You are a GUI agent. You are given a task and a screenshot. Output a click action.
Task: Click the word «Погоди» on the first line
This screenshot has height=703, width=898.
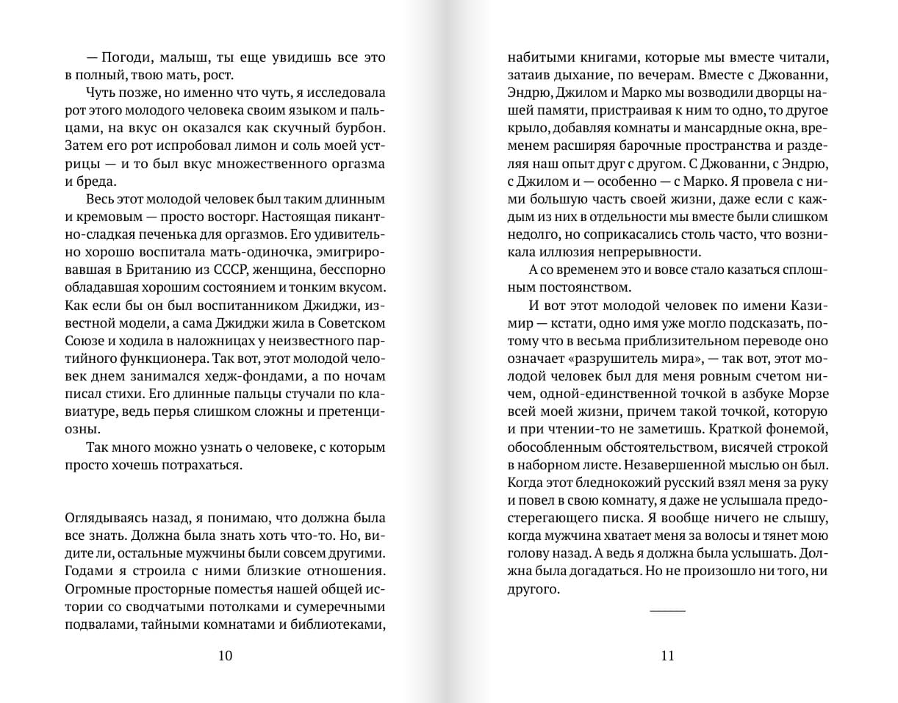pyautogui.click(x=129, y=57)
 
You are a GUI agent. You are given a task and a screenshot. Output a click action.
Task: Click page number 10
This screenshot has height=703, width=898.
pyautogui.click(x=225, y=656)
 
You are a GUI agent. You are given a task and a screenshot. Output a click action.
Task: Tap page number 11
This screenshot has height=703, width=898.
pyautogui.click(x=667, y=656)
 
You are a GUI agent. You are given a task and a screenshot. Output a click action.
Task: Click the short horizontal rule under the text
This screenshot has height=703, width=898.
pyautogui.click(x=667, y=610)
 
